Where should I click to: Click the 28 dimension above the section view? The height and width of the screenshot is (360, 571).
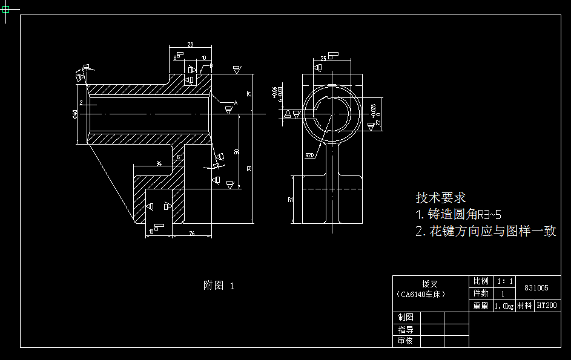click(x=190, y=45)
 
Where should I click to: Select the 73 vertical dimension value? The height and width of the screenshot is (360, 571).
click(x=249, y=168)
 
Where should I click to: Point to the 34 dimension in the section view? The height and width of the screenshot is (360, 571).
click(x=159, y=163)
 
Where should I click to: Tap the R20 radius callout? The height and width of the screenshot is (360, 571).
click(x=309, y=155)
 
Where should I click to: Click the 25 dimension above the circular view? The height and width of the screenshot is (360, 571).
click(x=323, y=58)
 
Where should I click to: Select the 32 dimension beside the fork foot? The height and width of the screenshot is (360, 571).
click(x=290, y=199)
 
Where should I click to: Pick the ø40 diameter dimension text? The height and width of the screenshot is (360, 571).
click(x=74, y=114)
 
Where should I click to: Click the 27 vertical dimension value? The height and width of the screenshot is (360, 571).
click(x=249, y=94)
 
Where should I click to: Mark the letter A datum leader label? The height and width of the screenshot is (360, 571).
click(x=235, y=103)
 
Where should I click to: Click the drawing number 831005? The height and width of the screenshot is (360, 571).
click(x=536, y=288)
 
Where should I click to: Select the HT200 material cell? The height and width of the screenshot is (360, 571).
click(x=547, y=306)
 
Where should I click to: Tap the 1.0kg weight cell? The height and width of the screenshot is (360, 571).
click(x=504, y=306)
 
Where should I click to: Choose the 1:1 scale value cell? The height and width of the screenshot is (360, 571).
click(x=505, y=281)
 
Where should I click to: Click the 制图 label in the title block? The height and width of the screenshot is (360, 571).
click(x=406, y=317)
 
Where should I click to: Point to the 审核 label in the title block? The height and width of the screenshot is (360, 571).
click(x=406, y=341)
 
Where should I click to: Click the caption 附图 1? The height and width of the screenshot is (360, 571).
click(x=219, y=286)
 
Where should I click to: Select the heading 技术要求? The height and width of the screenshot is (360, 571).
click(x=440, y=198)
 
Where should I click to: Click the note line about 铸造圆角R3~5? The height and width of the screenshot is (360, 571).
click(x=458, y=214)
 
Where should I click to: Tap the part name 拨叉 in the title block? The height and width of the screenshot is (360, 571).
click(x=430, y=283)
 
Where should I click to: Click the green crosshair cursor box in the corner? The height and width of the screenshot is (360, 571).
click(x=7, y=10)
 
